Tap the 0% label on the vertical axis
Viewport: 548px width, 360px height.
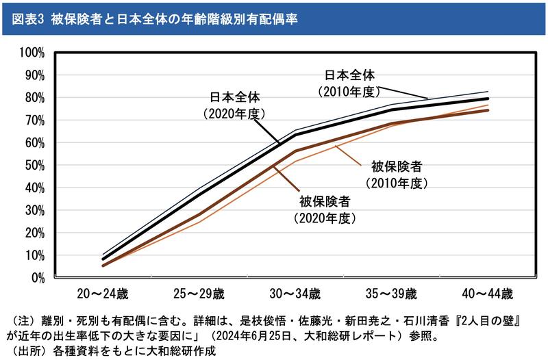click(38, 278)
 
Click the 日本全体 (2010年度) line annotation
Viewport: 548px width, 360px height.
click(349, 82)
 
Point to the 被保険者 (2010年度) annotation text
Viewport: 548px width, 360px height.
click(396, 175)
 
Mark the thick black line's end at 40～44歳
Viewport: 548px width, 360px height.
click(488, 99)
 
